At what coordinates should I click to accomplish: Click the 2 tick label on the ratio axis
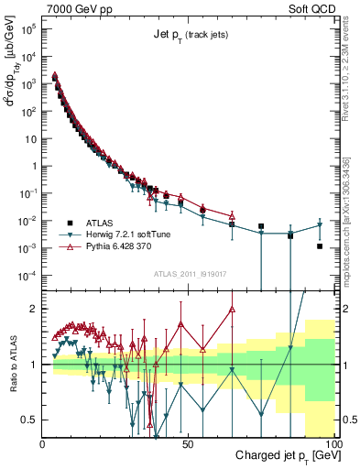pos(34,309)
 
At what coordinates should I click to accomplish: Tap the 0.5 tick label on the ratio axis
pos(30,420)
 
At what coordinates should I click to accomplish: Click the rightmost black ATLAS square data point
pos(319,245)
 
